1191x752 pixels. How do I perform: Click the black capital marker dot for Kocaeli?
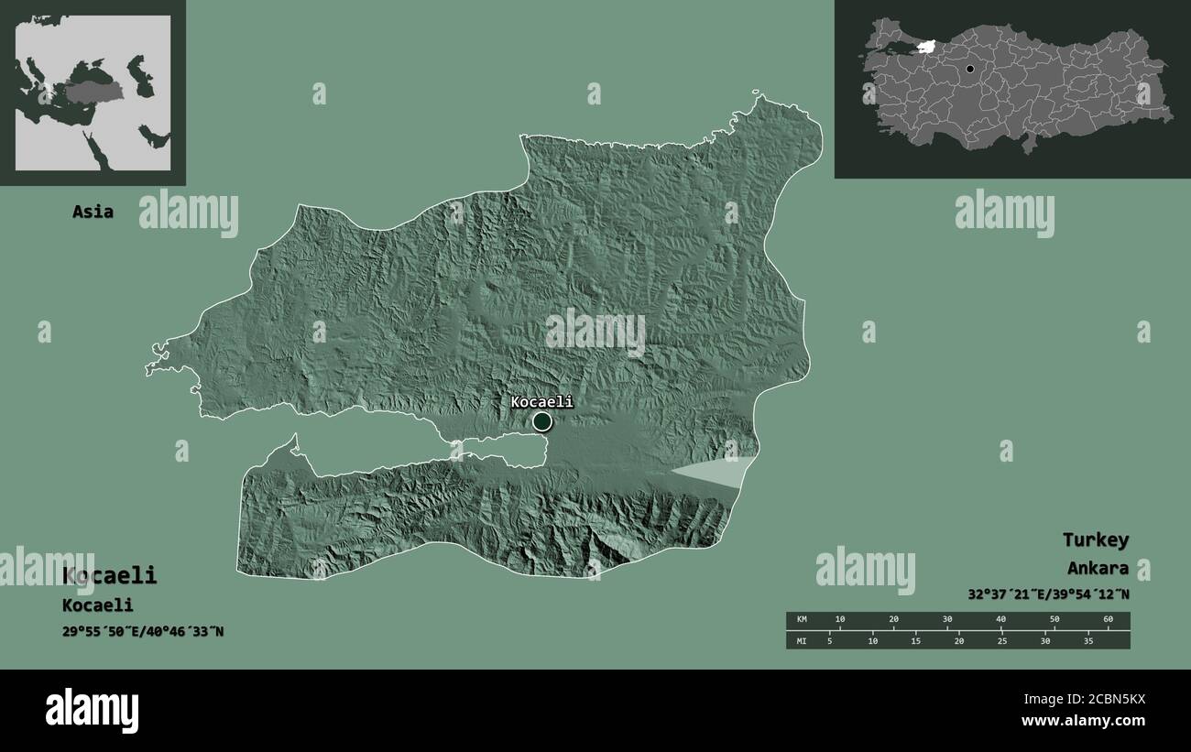[542, 421]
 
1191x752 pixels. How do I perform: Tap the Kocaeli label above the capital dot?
[541, 401]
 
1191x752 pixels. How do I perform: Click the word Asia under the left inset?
[93, 212]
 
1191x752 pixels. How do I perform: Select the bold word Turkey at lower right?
[1095, 539]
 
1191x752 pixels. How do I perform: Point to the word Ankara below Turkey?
[1097, 569]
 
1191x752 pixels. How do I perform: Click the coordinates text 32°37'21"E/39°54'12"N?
[1048, 594]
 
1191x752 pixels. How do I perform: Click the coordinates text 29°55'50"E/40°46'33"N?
[143, 631]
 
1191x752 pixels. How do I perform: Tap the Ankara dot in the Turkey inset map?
[969, 69]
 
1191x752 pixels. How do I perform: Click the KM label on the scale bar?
[802, 620]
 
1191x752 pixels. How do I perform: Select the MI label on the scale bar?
[802, 640]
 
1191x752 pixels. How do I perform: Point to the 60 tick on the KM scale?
[1108, 620]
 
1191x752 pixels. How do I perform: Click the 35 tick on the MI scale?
[1088, 640]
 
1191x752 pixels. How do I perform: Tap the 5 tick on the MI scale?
[830, 640]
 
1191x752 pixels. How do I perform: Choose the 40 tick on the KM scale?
[1000, 620]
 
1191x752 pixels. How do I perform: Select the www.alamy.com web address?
[1083, 721]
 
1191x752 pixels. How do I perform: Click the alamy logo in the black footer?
[92, 711]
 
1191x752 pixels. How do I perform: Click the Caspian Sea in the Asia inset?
[137, 74]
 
